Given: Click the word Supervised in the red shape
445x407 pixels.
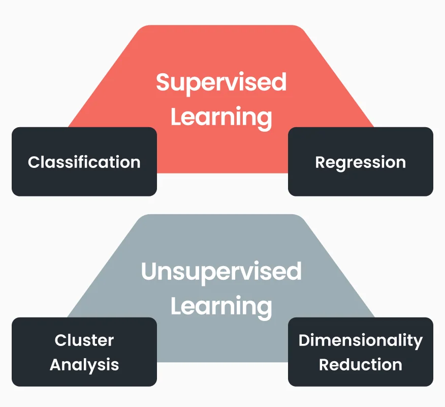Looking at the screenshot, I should click(221, 82).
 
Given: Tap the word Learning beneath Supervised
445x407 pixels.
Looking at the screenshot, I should click(221, 117).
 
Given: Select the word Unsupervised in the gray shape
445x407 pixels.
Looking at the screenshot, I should click(221, 272).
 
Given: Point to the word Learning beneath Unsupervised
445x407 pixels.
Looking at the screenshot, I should click(221, 306).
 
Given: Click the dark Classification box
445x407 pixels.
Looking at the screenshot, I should click(84, 162).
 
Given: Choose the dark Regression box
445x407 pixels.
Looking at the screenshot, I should click(360, 162).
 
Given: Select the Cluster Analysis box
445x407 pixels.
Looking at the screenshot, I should click(84, 352).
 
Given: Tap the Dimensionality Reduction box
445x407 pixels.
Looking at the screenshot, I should click(360, 352).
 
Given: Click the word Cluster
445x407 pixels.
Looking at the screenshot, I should click(84, 340).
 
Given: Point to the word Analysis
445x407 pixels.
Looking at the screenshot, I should click(84, 365).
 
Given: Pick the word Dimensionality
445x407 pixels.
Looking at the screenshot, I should click(360, 340).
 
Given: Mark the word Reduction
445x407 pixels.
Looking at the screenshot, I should click(360, 365).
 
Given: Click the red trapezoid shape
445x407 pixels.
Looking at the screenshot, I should click(221, 51).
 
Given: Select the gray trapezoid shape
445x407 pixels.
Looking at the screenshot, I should click(221, 239).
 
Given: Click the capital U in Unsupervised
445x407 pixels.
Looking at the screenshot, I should click(149, 272).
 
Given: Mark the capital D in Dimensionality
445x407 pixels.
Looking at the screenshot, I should click(304, 340).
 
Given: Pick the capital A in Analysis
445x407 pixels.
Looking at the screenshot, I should click(56, 365).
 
